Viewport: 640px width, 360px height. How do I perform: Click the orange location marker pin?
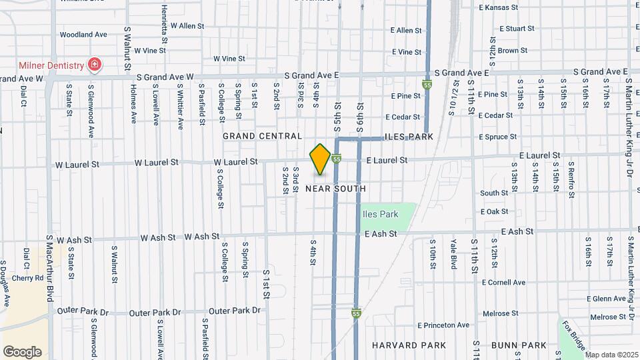[x=321, y=160]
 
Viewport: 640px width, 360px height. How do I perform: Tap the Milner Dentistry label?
[x=51, y=65]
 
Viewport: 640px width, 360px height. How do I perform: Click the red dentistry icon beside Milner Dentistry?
[x=95, y=65]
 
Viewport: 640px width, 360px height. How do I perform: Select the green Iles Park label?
[x=380, y=214]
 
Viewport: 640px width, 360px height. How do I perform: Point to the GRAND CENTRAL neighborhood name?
[x=262, y=136]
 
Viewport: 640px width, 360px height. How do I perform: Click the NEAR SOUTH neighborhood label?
[x=335, y=189]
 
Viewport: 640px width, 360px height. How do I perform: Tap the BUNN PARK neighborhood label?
[x=519, y=345]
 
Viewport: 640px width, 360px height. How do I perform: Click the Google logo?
[x=22, y=352]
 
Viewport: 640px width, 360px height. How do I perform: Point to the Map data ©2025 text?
[x=611, y=355]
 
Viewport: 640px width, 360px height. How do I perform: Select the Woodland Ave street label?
[x=83, y=34]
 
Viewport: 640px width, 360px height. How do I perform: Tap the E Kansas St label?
[x=498, y=8]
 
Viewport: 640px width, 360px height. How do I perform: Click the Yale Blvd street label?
[x=453, y=253]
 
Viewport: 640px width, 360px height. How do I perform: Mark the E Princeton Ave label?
[x=443, y=325]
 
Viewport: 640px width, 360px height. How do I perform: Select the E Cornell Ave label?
[x=503, y=283]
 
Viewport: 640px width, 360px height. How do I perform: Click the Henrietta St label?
[x=164, y=21]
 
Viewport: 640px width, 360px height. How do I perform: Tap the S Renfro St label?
[x=572, y=179]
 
